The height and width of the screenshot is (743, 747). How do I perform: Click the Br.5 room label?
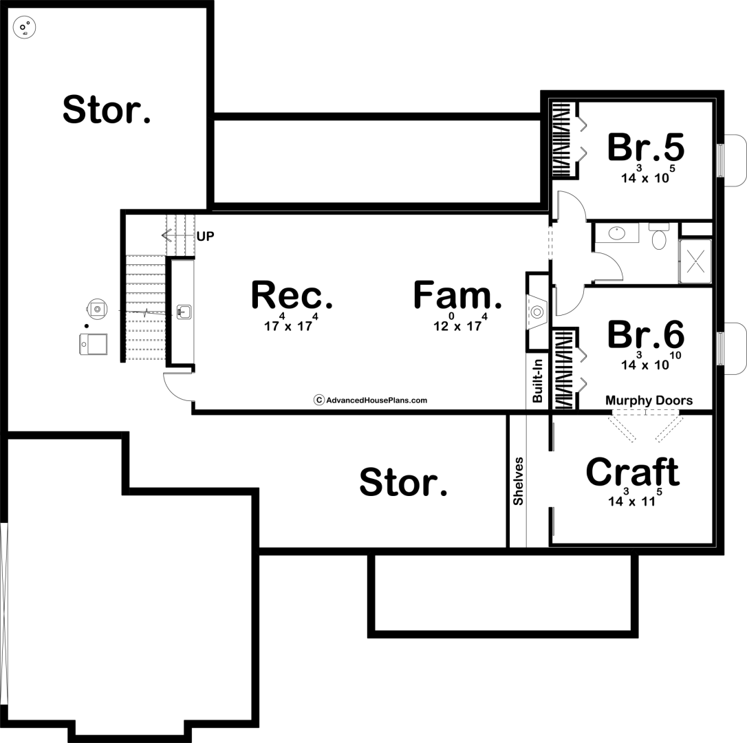(x=645, y=147)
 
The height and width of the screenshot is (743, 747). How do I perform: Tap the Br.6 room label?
(x=645, y=334)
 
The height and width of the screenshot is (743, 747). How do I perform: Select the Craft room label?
(x=632, y=472)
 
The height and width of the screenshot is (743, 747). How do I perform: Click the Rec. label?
(x=292, y=295)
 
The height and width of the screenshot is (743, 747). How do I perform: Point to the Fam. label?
(x=457, y=295)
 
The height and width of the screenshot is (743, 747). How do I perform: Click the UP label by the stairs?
(x=206, y=237)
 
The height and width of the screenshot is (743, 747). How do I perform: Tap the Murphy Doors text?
(x=649, y=400)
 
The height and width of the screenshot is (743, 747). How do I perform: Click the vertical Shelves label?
(x=519, y=482)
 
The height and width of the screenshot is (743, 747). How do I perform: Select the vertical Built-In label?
(x=538, y=380)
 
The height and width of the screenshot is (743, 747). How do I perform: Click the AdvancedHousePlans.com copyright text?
(x=370, y=400)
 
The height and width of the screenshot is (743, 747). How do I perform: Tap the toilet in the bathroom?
(x=659, y=237)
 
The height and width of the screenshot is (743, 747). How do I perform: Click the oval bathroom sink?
(x=617, y=233)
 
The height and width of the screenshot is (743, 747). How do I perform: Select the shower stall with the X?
(x=695, y=261)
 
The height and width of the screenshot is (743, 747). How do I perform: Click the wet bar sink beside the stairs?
(x=184, y=312)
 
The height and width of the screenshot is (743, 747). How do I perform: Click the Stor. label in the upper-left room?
(x=106, y=109)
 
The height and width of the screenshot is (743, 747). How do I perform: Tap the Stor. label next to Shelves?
(x=403, y=482)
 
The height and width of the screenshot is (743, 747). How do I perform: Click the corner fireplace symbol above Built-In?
(x=537, y=312)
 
